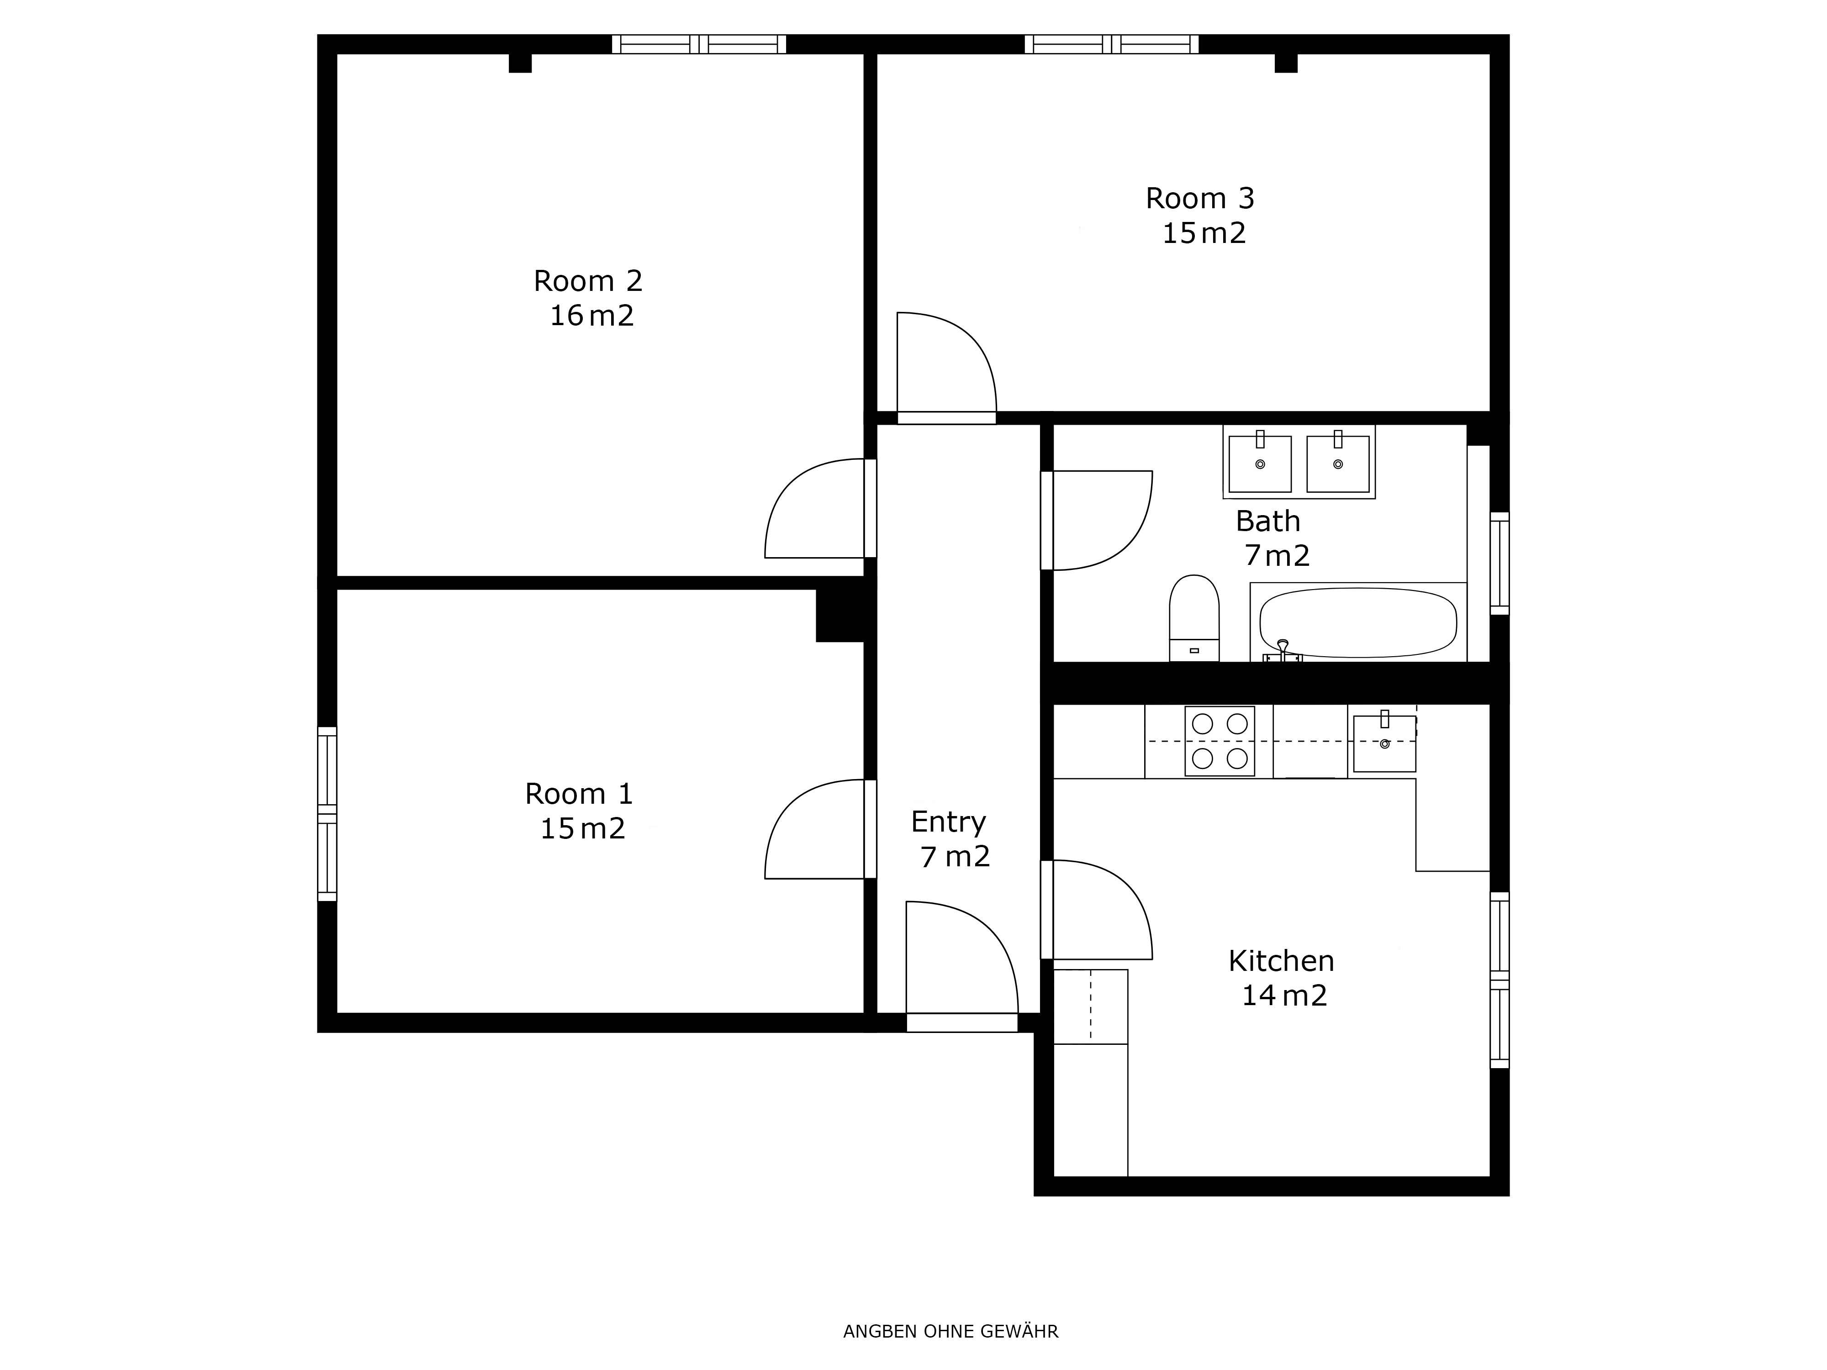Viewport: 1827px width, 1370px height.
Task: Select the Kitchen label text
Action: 1281,961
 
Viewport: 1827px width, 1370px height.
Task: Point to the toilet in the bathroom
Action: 1194,618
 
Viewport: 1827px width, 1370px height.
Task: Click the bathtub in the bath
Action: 1358,622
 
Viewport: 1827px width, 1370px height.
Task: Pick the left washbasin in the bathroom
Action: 1260,463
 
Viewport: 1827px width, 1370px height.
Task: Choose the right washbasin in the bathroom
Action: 1338,463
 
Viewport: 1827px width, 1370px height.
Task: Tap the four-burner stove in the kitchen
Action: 1220,741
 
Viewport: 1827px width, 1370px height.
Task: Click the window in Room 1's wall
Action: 327,814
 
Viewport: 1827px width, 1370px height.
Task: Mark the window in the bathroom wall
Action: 1499,564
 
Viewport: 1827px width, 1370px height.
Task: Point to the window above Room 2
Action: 699,44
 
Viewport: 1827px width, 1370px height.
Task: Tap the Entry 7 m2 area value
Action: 956,857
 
